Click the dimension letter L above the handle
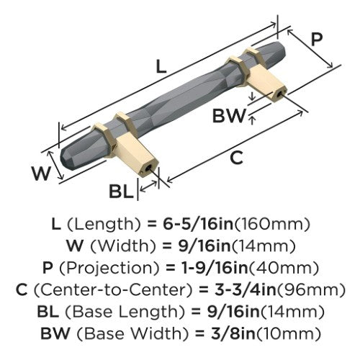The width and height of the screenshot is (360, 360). pyautogui.click(x=161, y=66)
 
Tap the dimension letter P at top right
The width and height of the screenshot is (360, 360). pyautogui.click(x=317, y=40)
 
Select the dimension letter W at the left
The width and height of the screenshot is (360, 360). pyautogui.click(x=42, y=174)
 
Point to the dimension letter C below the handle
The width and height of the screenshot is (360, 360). pyautogui.click(x=236, y=158)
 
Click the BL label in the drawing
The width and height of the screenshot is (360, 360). pyautogui.click(x=121, y=192)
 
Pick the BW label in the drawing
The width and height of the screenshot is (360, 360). pyautogui.click(x=229, y=116)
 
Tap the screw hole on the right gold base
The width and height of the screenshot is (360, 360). pyautogui.click(x=279, y=94)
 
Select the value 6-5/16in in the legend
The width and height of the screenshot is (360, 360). pyautogui.click(x=198, y=224)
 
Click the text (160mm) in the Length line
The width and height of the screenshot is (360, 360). pyautogui.click(x=272, y=224)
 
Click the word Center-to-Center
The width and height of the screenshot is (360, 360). pyautogui.click(x=113, y=289)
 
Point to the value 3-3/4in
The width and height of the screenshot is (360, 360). pyautogui.click(x=245, y=289)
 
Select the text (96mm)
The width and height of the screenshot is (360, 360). pyautogui.click(x=311, y=289)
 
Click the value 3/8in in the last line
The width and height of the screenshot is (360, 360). pyautogui.click(x=233, y=333)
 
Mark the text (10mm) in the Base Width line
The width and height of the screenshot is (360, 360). pyautogui.click(x=288, y=333)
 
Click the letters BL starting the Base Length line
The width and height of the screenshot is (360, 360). pyautogui.click(x=48, y=312)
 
